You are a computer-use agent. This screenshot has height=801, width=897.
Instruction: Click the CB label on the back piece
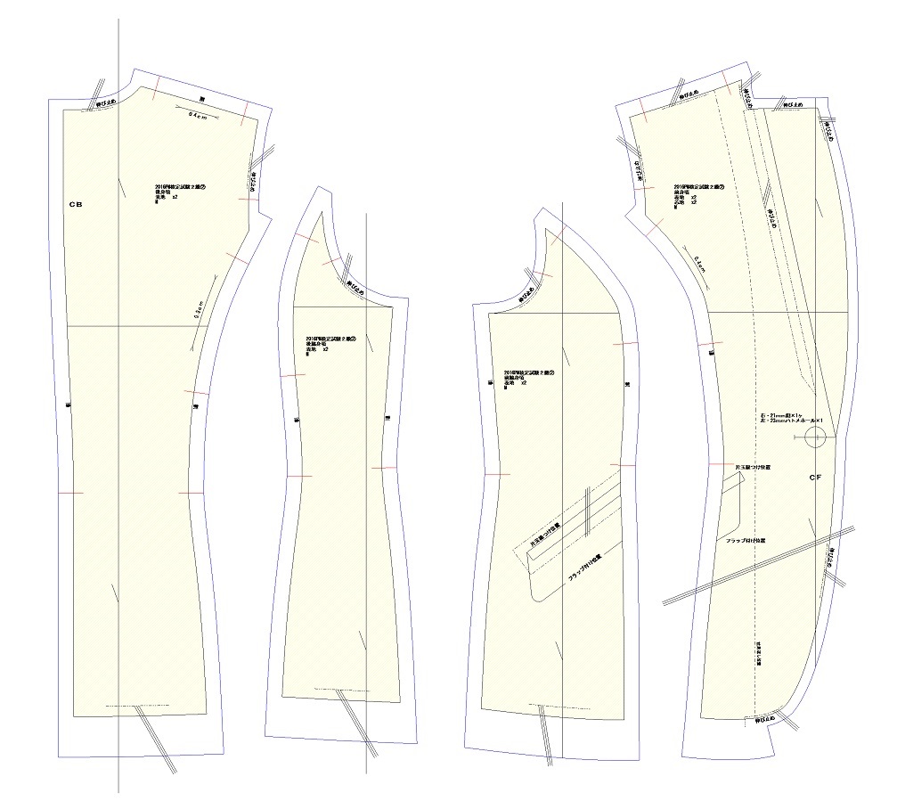(x=76, y=204)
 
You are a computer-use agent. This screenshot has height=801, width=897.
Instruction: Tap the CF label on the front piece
(x=814, y=478)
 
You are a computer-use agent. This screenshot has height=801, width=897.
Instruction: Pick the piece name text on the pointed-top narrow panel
(x=318, y=344)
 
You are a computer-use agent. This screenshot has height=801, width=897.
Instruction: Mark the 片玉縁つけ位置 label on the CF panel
(x=752, y=466)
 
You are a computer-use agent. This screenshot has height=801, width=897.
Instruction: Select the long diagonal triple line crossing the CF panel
(x=757, y=563)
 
